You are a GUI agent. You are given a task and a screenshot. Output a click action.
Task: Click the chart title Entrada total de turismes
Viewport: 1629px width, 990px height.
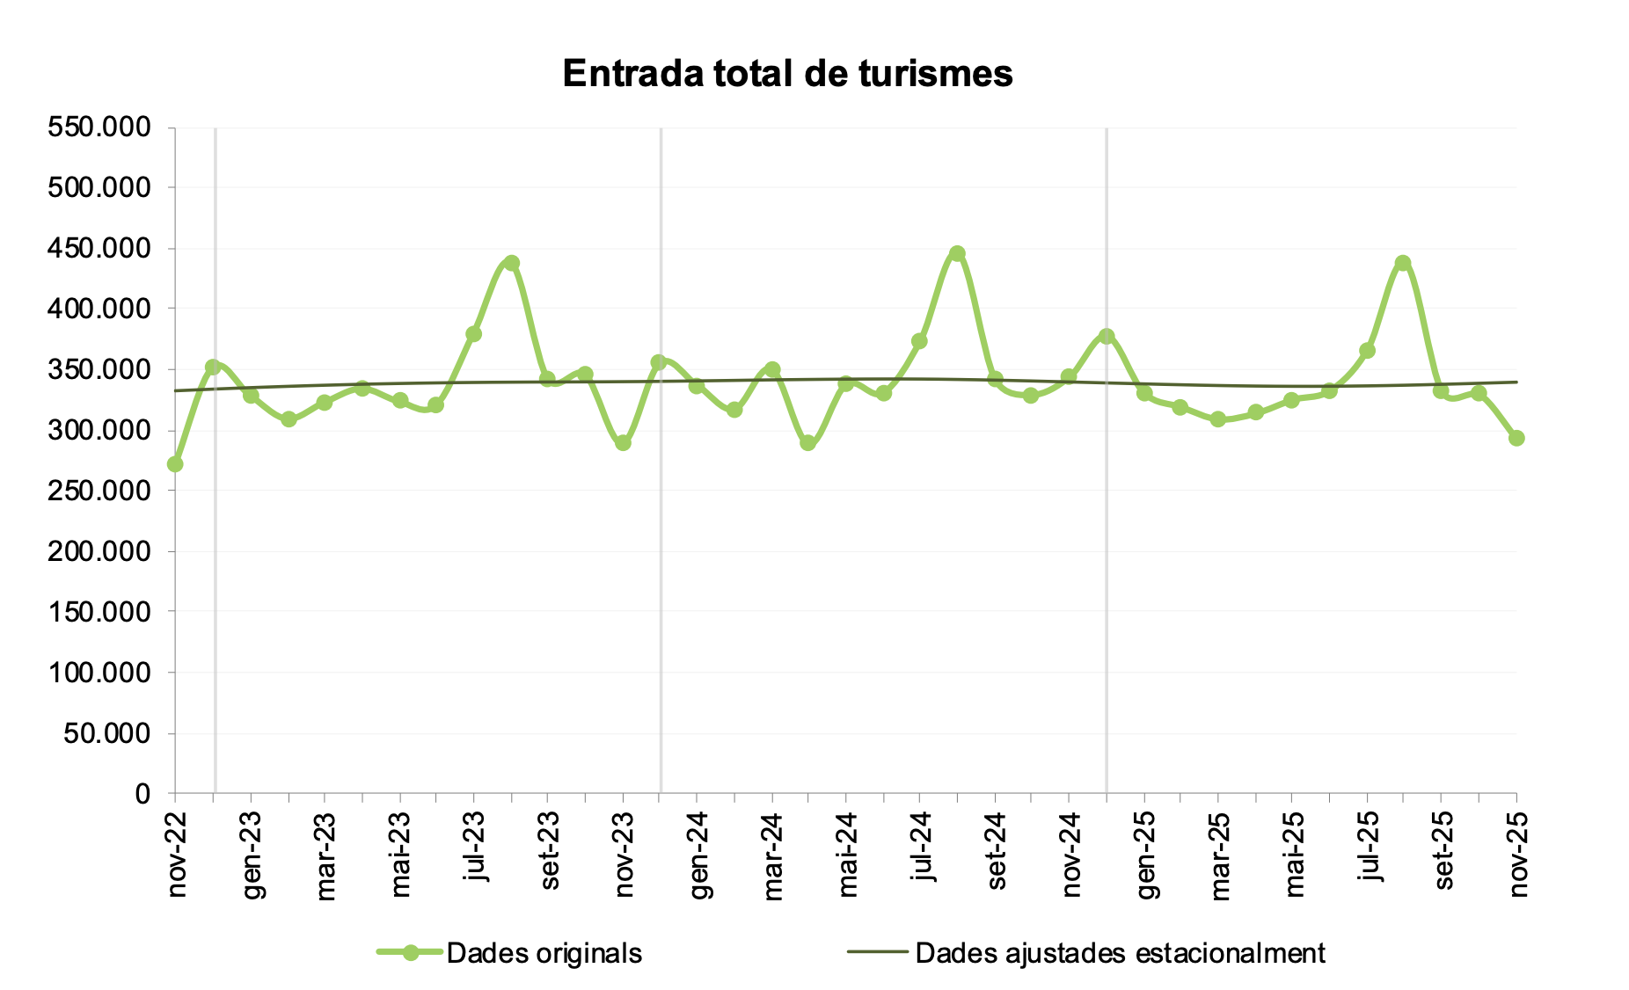(x=787, y=74)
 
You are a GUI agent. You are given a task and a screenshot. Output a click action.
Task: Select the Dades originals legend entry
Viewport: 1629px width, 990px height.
(x=544, y=953)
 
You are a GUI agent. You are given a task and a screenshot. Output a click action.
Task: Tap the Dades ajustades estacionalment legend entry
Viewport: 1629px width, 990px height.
(x=1120, y=953)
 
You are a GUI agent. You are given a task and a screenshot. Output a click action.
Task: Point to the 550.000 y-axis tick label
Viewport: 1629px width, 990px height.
(x=99, y=127)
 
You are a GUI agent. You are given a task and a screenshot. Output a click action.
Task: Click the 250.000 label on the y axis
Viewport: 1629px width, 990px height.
(x=99, y=491)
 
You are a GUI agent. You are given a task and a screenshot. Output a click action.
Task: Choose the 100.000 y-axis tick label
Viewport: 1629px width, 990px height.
(x=99, y=673)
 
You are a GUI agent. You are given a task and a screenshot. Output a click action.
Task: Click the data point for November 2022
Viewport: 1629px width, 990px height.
(x=175, y=463)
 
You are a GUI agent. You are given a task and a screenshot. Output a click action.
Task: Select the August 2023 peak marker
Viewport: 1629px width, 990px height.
(x=512, y=263)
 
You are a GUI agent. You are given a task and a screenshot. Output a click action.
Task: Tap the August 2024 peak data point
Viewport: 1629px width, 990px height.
(x=958, y=254)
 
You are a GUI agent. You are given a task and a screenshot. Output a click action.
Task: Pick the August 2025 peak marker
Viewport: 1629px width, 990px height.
(x=1403, y=263)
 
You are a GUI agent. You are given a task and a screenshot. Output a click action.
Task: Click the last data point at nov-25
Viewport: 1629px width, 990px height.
(x=1516, y=438)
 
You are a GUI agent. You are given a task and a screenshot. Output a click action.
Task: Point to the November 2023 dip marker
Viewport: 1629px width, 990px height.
(x=623, y=443)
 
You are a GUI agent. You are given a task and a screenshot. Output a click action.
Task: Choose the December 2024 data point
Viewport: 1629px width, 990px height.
(x=1107, y=336)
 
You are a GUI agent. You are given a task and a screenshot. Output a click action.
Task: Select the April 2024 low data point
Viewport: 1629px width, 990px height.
(x=808, y=443)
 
